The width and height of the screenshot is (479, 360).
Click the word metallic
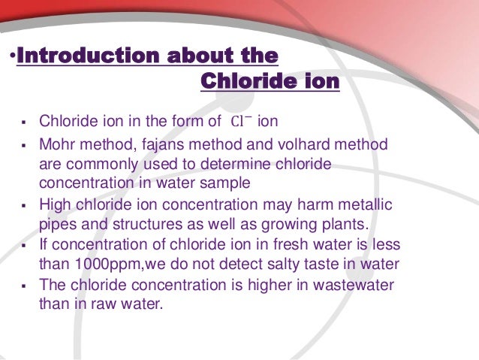click(364, 205)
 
